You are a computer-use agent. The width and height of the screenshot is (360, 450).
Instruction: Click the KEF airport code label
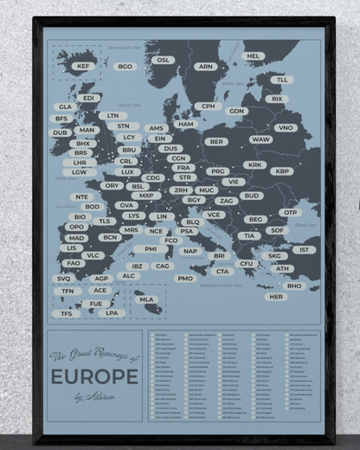click(x=83, y=66)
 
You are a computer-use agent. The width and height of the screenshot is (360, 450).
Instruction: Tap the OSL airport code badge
click(x=164, y=61)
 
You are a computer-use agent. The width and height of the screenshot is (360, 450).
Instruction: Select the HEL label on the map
click(x=254, y=56)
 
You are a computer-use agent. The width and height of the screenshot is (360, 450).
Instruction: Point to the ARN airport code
click(x=205, y=67)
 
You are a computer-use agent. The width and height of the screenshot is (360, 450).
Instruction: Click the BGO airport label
click(x=125, y=67)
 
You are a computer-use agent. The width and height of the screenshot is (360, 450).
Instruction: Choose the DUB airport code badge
click(x=61, y=132)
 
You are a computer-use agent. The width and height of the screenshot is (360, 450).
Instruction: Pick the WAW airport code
click(x=260, y=139)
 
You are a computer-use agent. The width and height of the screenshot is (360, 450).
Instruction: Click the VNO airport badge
click(x=286, y=128)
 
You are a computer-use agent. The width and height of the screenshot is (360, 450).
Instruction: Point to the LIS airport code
click(x=72, y=248)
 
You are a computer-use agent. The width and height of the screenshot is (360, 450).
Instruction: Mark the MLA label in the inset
click(x=146, y=299)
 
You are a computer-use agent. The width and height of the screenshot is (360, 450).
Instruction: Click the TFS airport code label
click(x=66, y=314)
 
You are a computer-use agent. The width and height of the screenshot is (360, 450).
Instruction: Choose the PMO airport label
click(x=185, y=279)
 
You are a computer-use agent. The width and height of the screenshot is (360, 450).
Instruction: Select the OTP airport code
click(x=289, y=212)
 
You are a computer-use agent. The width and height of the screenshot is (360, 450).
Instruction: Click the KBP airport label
click(x=281, y=171)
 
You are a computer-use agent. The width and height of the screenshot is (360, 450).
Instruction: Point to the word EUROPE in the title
click(x=94, y=376)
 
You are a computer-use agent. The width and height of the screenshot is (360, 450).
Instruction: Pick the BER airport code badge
click(x=216, y=142)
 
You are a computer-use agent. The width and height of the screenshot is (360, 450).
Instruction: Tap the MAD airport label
click(x=76, y=238)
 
